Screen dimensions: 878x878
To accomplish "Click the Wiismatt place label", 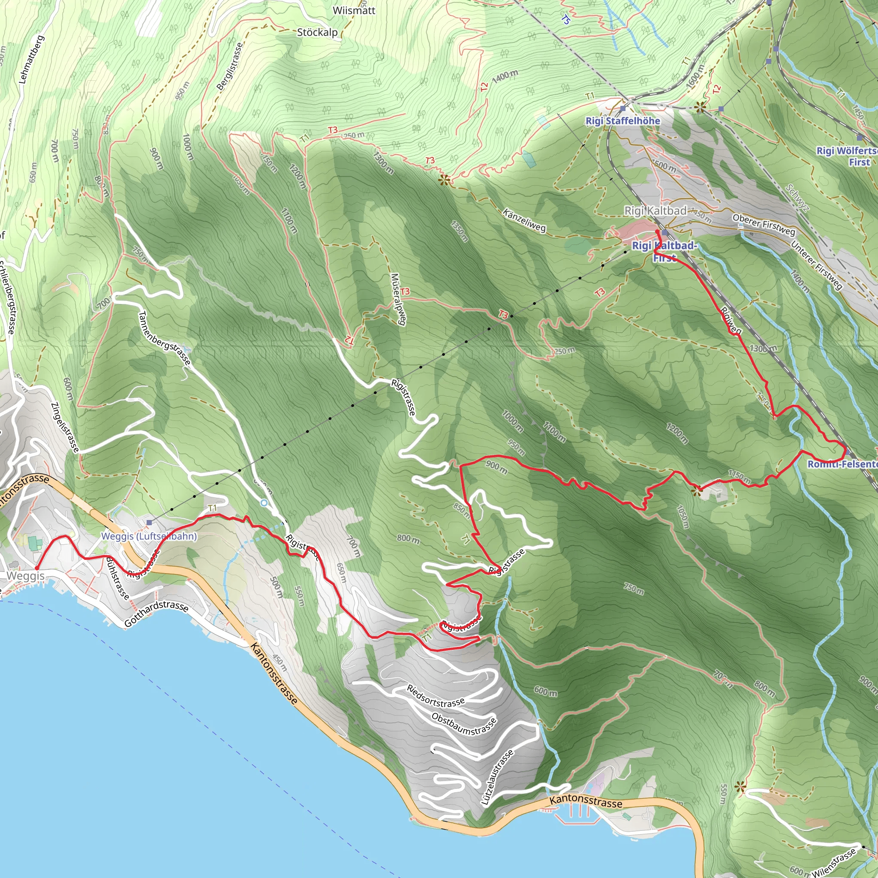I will [354, 10].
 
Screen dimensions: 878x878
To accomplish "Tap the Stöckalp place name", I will [317, 32].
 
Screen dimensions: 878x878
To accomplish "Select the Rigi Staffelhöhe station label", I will [622, 121].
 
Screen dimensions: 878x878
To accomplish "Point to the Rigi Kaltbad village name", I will [655, 210].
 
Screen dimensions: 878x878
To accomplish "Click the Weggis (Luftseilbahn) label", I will [149, 536].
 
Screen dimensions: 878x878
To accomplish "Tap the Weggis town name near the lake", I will [25, 576].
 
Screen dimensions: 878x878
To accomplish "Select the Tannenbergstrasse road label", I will [164, 338].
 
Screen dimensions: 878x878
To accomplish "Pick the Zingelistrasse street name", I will [65, 427].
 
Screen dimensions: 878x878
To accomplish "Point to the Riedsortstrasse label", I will [436, 696].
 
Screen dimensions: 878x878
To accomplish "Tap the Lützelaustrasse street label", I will [497, 778].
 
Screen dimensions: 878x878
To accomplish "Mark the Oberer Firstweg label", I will [764, 225].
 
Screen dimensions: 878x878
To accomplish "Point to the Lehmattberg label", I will [31, 60].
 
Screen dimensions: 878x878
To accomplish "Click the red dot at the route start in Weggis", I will [36, 568].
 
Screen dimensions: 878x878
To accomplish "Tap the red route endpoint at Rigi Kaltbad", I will [657, 232].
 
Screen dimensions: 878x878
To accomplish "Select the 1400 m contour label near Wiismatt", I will [505, 76].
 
